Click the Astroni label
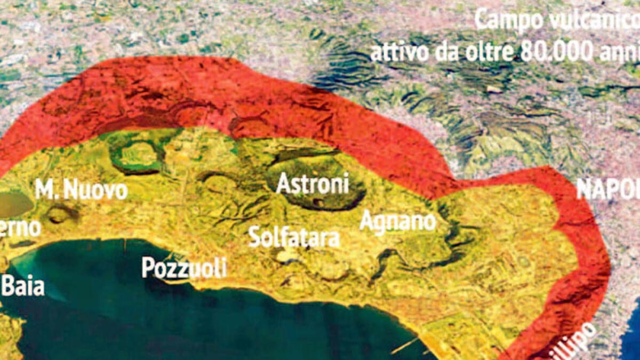tap(313, 184)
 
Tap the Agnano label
tap(397, 220)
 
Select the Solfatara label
tap(294, 237)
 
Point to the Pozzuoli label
tap(184, 267)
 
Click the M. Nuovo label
tap(81, 189)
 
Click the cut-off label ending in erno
tap(20, 228)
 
